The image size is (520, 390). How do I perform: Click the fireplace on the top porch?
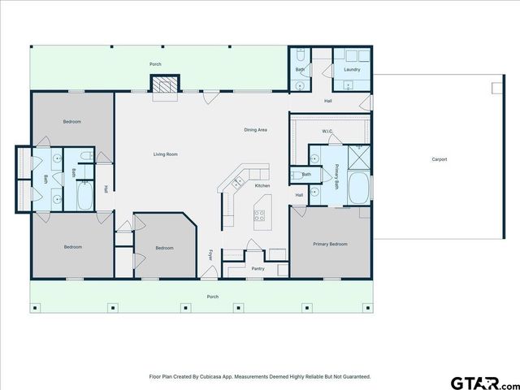tap(163, 85)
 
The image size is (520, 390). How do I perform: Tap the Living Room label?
tap(166, 154)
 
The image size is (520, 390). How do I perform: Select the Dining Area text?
tap(256, 130)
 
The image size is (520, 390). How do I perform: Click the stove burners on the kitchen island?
tap(260, 215)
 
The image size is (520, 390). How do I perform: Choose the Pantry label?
tap(258, 268)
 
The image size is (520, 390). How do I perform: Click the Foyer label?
tap(211, 255)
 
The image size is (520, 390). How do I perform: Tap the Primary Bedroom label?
tap(331, 244)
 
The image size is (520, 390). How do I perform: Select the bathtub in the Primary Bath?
tap(357, 188)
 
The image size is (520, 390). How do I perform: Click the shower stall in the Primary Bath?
tap(358, 154)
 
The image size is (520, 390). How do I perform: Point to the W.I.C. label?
tap(327, 131)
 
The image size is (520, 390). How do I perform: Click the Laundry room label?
tap(352, 70)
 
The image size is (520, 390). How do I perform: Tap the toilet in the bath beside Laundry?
tap(300, 57)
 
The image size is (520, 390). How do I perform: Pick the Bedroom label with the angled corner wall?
tap(164, 248)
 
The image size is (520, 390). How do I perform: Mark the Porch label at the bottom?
tap(212, 297)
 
